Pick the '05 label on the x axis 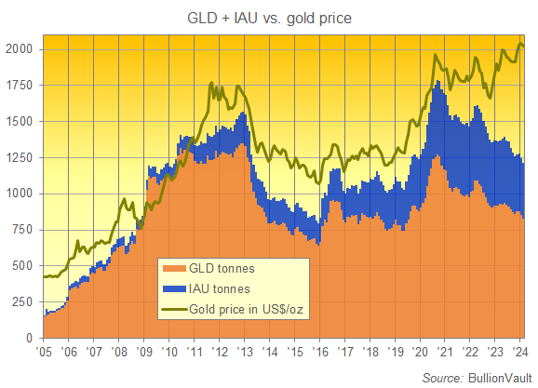(43, 354)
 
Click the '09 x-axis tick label (144, 354)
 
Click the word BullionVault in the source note (498, 377)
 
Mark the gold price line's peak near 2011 (212, 83)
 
